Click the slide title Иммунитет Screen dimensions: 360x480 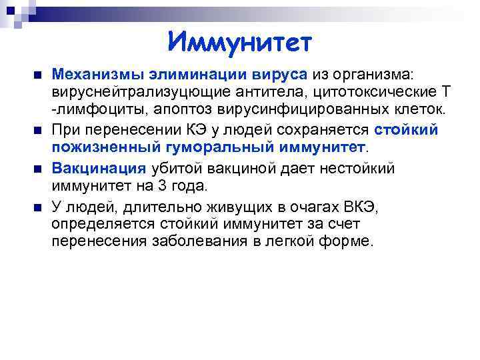point(239,43)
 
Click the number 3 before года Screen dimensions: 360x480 point(168,186)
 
